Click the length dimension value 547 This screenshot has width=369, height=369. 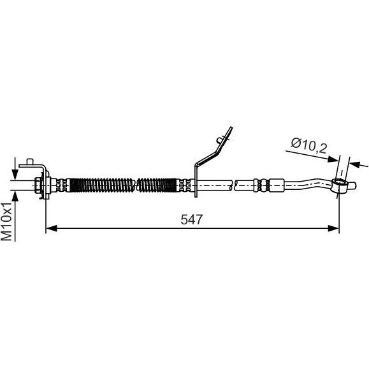[x=191, y=220]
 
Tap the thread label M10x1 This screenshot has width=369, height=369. [x=6, y=221]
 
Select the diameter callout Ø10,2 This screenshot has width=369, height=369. [x=309, y=145]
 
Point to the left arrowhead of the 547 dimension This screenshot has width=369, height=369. [x=52, y=228]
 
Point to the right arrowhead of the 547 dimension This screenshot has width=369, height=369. [x=333, y=228]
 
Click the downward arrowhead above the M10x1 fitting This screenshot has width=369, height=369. [x=15, y=175]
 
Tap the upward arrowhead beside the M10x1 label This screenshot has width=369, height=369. [x=15, y=196]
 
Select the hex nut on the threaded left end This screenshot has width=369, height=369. [x=37, y=185]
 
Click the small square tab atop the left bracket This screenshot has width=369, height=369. [x=30, y=162]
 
